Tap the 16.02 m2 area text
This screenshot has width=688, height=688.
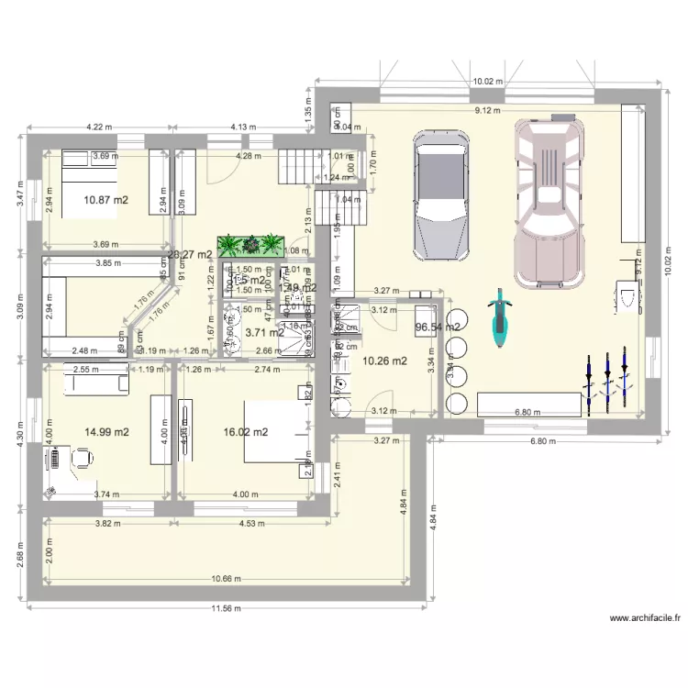[245, 431]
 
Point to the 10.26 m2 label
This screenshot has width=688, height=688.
[385, 361]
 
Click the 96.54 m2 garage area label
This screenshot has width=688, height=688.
[438, 326]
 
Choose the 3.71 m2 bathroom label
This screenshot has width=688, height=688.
[264, 333]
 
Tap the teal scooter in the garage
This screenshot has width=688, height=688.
[498, 318]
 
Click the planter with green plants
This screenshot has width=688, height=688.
[249, 245]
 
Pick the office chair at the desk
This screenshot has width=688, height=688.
[81, 456]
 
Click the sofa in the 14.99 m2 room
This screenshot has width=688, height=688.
[94, 383]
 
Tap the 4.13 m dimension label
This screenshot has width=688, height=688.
[241, 128]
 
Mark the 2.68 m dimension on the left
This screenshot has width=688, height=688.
[19, 558]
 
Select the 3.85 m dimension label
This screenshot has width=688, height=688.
[96, 263]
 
